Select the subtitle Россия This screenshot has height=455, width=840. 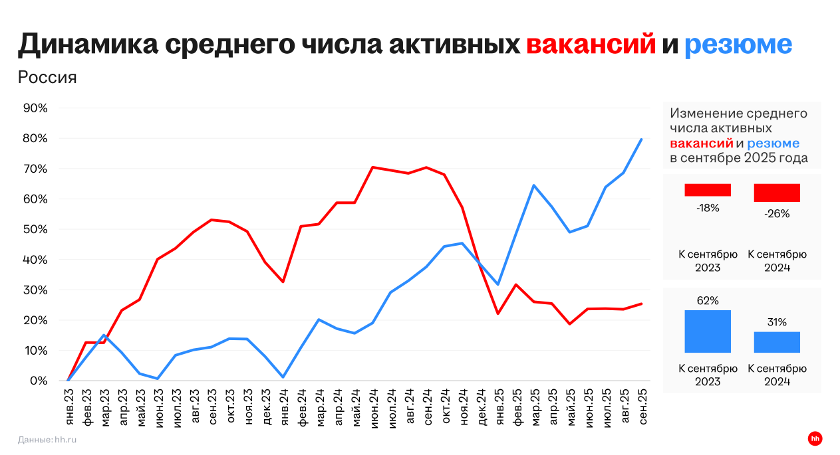[x=47, y=78]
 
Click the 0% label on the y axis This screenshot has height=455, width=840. [x=37, y=381]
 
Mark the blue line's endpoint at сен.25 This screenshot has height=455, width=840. [x=642, y=139]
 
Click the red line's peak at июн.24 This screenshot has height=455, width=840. [x=372, y=167]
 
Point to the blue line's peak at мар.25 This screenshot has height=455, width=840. [x=534, y=185]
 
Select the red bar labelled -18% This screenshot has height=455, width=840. [x=708, y=190]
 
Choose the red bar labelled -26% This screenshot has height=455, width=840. [x=777, y=193]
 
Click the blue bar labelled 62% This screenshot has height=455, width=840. [x=708, y=331]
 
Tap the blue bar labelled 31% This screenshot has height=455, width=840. [x=777, y=342]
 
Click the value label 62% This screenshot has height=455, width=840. [x=708, y=301]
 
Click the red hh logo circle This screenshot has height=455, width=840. [x=815, y=438]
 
